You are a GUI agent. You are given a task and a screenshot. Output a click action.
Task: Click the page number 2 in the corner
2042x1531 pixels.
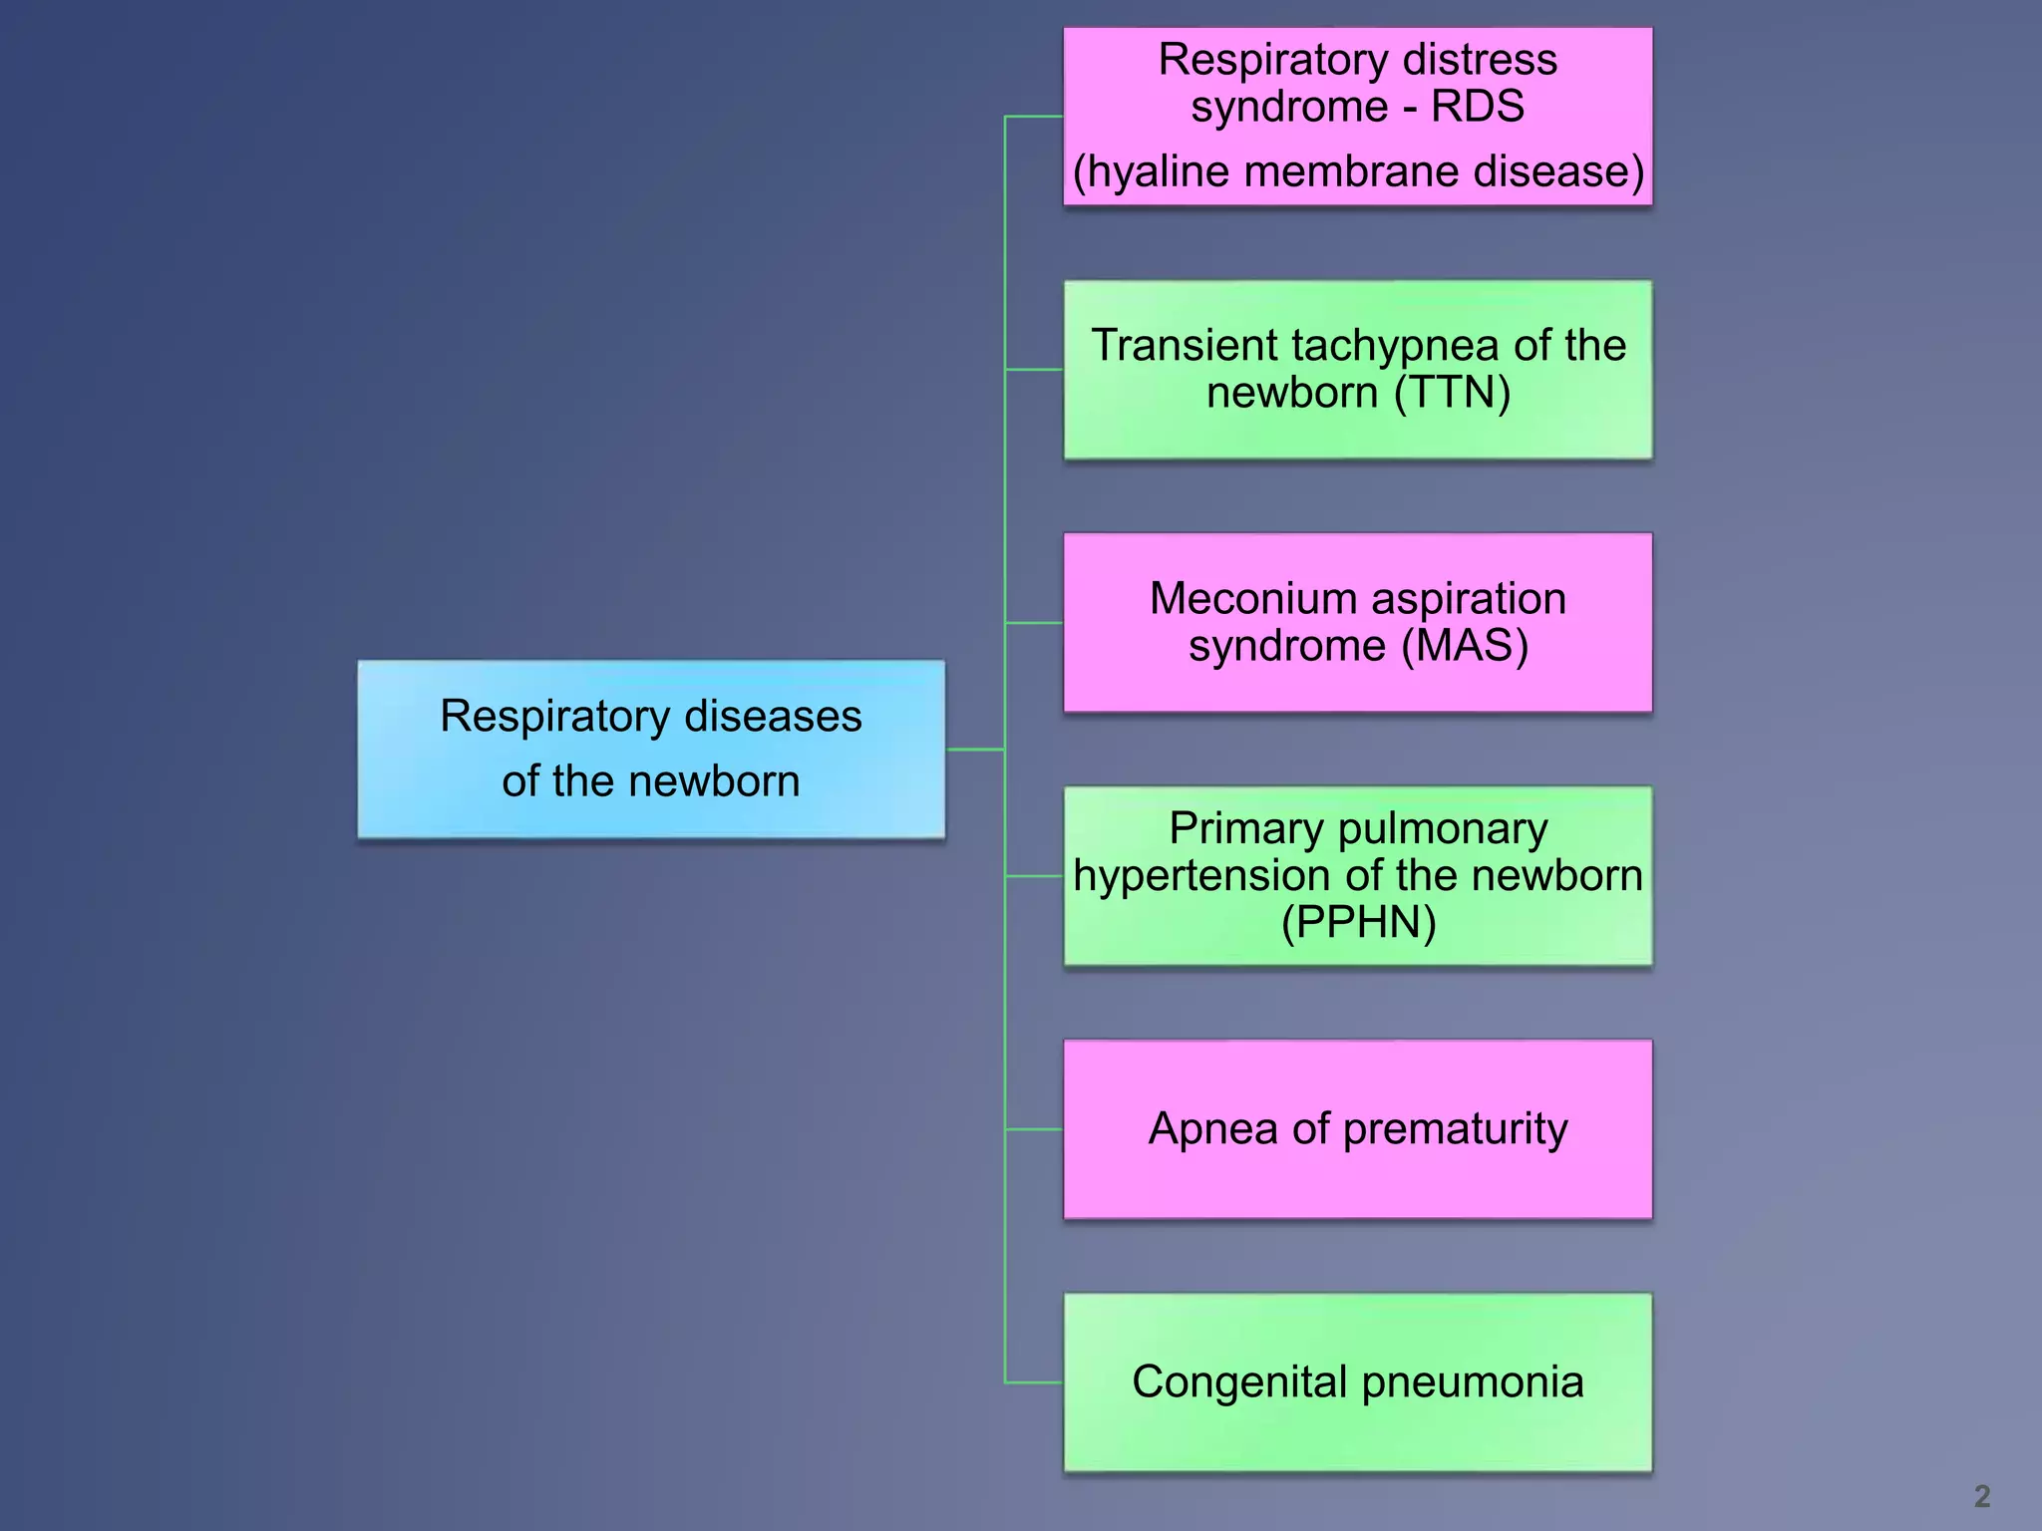pyautogui.click(x=1981, y=1495)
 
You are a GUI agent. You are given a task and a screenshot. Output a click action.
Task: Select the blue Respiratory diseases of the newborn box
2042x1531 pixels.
pyautogui.click(x=651, y=749)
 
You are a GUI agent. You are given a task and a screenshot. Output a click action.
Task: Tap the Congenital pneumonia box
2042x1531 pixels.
pyautogui.click(x=1357, y=1381)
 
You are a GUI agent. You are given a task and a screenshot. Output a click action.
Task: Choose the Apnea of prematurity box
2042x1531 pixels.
pyautogui.click(x=1357, y=1128)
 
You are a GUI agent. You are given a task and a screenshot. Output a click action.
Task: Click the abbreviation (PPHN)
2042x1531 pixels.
pyautogui.click(x=1358, y=922)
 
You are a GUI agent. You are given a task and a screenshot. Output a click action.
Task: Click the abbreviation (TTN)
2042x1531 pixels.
pyautogui.click(x=1452, y=393)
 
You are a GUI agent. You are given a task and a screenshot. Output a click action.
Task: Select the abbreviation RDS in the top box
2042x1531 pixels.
pyautogui.click(x=1478, y=107)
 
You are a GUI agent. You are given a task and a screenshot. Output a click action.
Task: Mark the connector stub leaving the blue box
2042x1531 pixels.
pyautogui.click(x=974, y=749)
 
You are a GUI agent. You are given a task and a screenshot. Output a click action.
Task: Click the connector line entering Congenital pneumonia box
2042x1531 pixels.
pyautogui.click(x=1034, y=1382)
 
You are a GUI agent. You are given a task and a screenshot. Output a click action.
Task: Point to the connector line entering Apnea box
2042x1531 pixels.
pyautogui.click(x=1034, y=1129)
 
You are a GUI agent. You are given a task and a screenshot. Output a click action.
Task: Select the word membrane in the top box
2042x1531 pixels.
pyautogui.click(x=1352, y=171)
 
